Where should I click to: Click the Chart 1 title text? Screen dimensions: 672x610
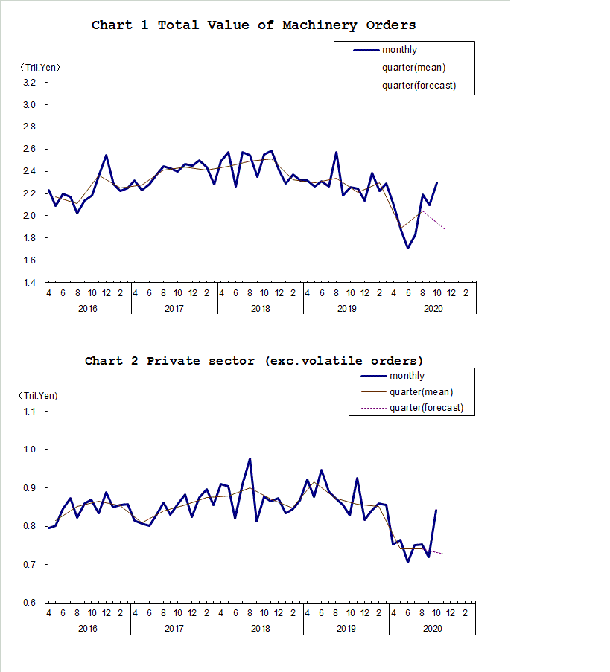click(253, 25)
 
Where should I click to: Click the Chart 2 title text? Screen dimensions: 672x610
click(253, 361)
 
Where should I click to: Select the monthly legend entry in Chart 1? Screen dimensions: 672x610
click(399, 50)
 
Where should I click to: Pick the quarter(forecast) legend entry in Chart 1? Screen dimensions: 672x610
click(418, 86)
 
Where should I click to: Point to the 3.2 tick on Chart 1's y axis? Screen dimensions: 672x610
click(29, 83)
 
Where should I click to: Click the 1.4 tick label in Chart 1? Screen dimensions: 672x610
click(29, 283)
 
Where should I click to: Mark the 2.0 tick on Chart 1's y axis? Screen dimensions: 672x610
click(29, 216)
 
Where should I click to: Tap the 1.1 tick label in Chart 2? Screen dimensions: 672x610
click(29, 412)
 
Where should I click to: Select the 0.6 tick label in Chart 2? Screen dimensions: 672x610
click(29, 603)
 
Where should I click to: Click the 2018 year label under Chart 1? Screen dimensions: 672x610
click(261, 308)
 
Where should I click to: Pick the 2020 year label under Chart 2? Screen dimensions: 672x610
click(433, 629)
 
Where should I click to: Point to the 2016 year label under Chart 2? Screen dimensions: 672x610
click(87, 629)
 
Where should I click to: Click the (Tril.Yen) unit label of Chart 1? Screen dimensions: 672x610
click(40, 67)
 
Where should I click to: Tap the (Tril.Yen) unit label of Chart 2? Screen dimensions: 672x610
click(40, 395)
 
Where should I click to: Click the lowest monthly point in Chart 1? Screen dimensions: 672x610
click(407, 248)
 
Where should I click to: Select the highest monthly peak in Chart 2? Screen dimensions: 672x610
click(250, 459)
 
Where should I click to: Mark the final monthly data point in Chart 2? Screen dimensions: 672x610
click(436, 511)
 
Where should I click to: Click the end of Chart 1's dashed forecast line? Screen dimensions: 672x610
click(445, 228)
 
